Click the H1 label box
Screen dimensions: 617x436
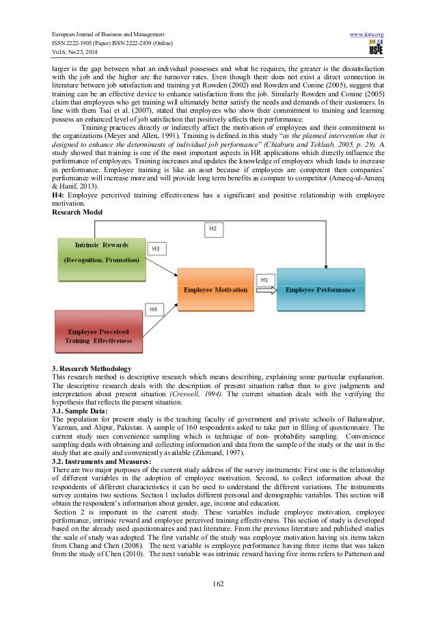click(x=264, y=279)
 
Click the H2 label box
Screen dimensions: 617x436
click(x=213, y=227)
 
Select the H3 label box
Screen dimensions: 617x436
click(x=156, y=248)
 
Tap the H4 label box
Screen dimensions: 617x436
click(x=155, y=310)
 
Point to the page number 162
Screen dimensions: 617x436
click(x=217, y=584)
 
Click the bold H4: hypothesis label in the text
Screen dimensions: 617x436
click(x=60, y=194)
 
